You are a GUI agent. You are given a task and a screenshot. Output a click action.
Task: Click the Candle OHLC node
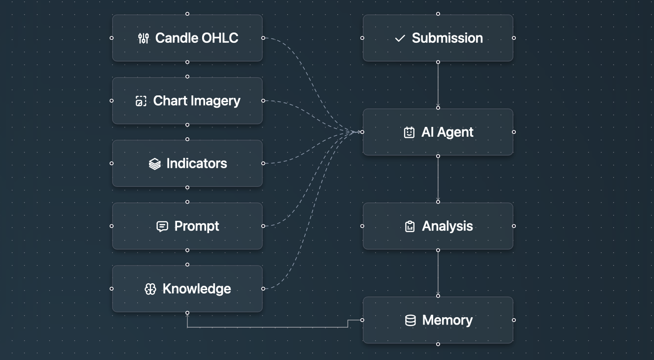pyautogui.click(x=187, y=38)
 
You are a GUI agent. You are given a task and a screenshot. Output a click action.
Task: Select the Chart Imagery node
pyautogui.click(x=187, y=101)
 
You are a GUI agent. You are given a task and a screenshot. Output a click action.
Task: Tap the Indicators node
pyautogui.click(x=187, y=163)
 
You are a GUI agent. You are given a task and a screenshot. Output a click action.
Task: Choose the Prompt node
pyautogui.click(x=187, y=226)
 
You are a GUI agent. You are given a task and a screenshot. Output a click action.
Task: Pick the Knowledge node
pyautogui.click(x=187, y=289)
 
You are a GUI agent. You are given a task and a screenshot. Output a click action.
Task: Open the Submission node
pyautogui.click(x=438, y=38)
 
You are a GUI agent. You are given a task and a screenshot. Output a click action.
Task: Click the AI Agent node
pyautogui.click(x=438, y=132)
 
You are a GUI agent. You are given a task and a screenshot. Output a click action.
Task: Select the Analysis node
pyautogui.click(x=438, y=226)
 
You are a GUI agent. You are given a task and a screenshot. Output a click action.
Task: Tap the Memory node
pyautogui.click(x=438, y=320)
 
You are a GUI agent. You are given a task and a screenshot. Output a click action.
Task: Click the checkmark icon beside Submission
pyautogui.click(x=400, y=38)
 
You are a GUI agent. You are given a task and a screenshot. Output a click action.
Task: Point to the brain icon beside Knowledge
pyautogui.click(x=150, y=289)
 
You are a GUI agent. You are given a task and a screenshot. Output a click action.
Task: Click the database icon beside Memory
pyautogui.click(x=410, y=321)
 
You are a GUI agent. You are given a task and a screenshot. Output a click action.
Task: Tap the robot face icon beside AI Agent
pyautogui.click(x=409, y=132)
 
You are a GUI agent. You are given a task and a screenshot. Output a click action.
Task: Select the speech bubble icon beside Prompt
pyautogui.click(x=162, y=226)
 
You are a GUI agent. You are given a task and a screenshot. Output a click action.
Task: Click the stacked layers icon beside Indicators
pyautogui.click(x=155, y=164)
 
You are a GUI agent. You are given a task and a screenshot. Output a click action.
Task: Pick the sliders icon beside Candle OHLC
pyautogui.click(x=143, y=38)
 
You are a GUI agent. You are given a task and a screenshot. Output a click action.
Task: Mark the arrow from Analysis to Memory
pyautogui.click(x=438, y=273)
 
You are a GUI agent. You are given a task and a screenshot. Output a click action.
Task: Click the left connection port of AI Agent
pyautogui.click(x=362, y=132)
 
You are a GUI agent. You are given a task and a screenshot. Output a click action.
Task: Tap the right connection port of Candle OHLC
pyautogui.click(x=263, y=38)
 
